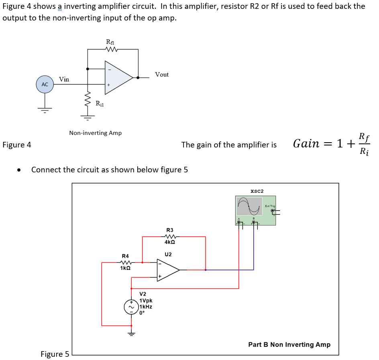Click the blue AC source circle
[45, 85]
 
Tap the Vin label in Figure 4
[64, 79]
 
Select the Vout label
[162, 74]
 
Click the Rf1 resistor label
[110, 41]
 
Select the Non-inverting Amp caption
[95, 133]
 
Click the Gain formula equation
[332, 143]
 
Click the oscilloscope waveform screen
[249, 206]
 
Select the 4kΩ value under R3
[169, 242]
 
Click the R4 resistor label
[125, 256]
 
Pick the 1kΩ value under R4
[125, 268]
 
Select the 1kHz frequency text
[146, 307]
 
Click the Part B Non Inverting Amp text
[289, 344]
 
